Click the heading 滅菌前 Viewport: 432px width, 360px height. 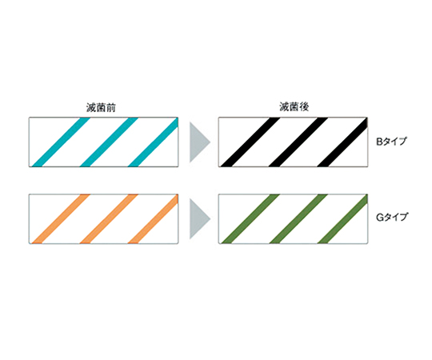[101, 107]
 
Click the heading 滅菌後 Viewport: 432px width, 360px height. [294, 107]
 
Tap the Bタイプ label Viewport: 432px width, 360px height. [391, 142]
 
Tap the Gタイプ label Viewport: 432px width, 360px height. [391, 218]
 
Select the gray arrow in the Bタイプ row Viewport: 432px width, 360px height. [200, 142]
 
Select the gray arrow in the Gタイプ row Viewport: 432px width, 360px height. [200, 219]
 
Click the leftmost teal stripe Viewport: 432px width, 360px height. [61, 142]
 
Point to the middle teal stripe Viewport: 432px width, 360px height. [109, 142]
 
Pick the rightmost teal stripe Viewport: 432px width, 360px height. [153, 142]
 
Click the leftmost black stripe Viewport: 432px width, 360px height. [250, 142]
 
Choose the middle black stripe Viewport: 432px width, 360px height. [298, 142]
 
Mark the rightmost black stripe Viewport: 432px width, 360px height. [342, 142]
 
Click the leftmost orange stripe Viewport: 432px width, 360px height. [61, 219]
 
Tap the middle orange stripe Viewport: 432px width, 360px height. [109, 219]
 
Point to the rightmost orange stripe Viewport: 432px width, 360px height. [153, 219]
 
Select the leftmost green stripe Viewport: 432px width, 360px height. [250, 219]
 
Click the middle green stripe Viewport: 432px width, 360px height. [298, 219]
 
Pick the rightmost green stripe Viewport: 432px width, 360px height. [342, 219]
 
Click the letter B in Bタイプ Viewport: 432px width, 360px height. [379, 142]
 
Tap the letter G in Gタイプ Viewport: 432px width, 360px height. [380, 218]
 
